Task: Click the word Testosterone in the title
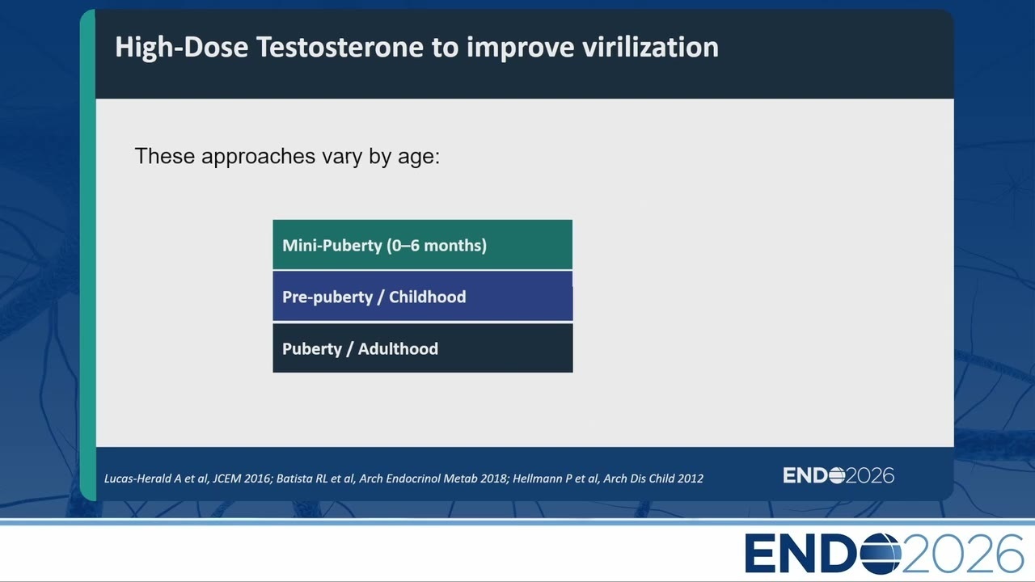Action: [340, 47]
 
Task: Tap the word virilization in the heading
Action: [650, 47]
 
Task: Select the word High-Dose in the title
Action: [182, 48]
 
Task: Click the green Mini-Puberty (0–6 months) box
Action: [422, 245]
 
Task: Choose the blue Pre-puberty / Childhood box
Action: [422, 297]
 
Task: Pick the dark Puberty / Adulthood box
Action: [422, 348]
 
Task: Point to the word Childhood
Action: [428, 297]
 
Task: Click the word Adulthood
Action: [398, 348]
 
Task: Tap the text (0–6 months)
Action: [437, 245]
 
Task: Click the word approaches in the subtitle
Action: [258, 157]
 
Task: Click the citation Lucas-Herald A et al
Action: [156, 479]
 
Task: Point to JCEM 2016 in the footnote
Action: [241, 479]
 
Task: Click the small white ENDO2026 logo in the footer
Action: [839, 475]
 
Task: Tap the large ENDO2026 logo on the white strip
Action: [884, 554]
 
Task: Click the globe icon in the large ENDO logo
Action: [881, 554]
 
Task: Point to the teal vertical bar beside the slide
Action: [88, 255]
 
